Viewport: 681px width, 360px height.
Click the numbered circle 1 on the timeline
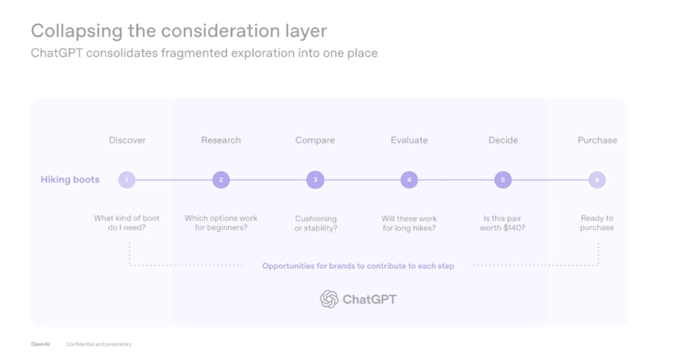click(x=127, y=180)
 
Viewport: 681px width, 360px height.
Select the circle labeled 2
click(x=221, y=180)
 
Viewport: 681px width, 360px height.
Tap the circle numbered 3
click(x=315, y=180)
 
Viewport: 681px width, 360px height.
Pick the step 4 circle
click(x=409, y=180)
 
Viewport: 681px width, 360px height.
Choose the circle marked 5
click(x=503, y=180)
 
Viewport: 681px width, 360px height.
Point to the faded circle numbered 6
click(x=597, y=180)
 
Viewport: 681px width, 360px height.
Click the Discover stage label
click(x=128, y=140)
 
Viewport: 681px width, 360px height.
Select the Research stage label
click(x=221, y=140)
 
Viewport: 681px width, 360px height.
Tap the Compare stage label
click(x=315, y=140)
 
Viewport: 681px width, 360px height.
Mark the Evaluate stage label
click(x=409, y=140)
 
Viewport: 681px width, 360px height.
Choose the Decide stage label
click(x=503, y=140)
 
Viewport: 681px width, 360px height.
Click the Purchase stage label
click(x=597, y=140)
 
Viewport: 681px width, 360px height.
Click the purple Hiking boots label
click(x=70, y=180)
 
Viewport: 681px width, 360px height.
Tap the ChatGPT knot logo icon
click(x=329, y=299)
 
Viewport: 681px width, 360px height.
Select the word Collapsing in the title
click(x=77, y=32)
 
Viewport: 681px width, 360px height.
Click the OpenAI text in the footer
click(x=40, y=344)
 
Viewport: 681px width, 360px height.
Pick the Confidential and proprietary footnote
click(x=99, y=344)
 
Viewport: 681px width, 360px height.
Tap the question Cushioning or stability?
click(x=316, y=224)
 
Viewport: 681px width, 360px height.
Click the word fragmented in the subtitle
click(x=194, y=53)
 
